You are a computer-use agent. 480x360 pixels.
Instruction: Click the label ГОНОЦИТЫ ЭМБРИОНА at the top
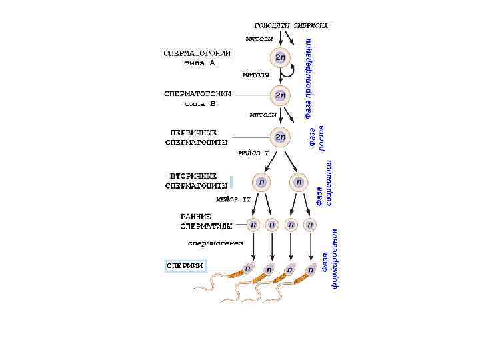291,25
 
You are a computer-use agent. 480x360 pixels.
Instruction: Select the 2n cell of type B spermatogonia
280,96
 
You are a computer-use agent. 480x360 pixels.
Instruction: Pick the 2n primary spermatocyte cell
280,137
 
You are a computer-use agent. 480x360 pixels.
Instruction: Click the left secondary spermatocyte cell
261,181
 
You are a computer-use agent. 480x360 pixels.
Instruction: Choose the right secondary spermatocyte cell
299,181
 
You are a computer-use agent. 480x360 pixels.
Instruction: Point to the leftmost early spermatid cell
253,225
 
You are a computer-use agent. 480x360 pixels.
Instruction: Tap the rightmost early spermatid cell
309,225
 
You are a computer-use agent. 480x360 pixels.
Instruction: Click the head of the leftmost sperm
247,269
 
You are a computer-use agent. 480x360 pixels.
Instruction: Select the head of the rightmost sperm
311,270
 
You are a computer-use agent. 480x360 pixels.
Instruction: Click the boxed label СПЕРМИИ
184,266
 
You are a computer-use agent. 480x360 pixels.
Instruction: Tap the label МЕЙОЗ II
233,199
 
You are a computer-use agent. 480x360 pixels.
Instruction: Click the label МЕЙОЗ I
253,153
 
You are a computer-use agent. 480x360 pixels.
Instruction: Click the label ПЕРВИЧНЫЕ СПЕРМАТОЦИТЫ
197,137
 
